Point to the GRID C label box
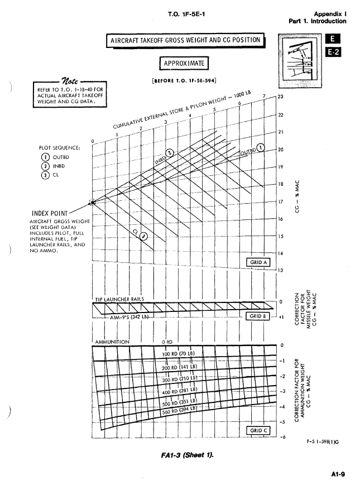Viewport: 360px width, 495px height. tap(258, 430)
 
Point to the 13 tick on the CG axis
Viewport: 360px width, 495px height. tap(281, 271)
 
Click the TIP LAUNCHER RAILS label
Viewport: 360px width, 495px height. tap(118, 299)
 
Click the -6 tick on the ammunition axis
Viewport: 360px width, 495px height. tap(282, 438)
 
